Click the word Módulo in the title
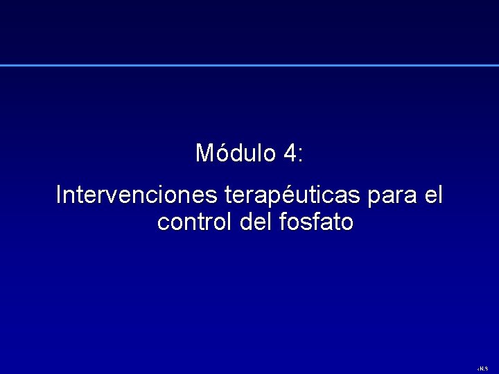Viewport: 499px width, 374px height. coord(236,153)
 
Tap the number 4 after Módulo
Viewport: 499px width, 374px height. coord(290,153)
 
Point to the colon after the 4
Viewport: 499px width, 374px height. coord(300,155)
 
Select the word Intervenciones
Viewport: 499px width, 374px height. coord(137,195)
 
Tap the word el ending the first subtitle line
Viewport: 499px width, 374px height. coord(432,195)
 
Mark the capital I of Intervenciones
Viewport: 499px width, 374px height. coord(58,195)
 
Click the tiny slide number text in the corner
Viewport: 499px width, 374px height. coord(484,368)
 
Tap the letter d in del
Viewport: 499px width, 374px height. coord(243,223)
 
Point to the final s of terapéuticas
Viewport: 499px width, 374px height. coord(353,197)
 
